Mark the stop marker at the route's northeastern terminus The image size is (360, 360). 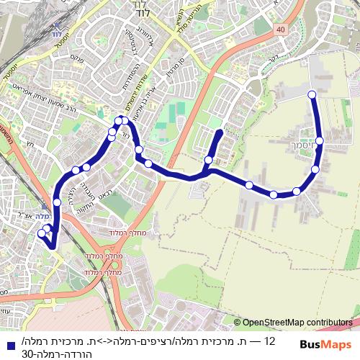click(x=312, y=94)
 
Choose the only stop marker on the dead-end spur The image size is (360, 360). click(x=209, y=160)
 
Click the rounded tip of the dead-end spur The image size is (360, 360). click(x=219, y=133)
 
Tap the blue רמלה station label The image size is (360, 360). click(x=45, y=215)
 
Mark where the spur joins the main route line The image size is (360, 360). click(x=205, y=171)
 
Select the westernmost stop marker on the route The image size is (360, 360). click(x=41, y=233)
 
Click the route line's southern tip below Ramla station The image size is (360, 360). click(x=53, y=247)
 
